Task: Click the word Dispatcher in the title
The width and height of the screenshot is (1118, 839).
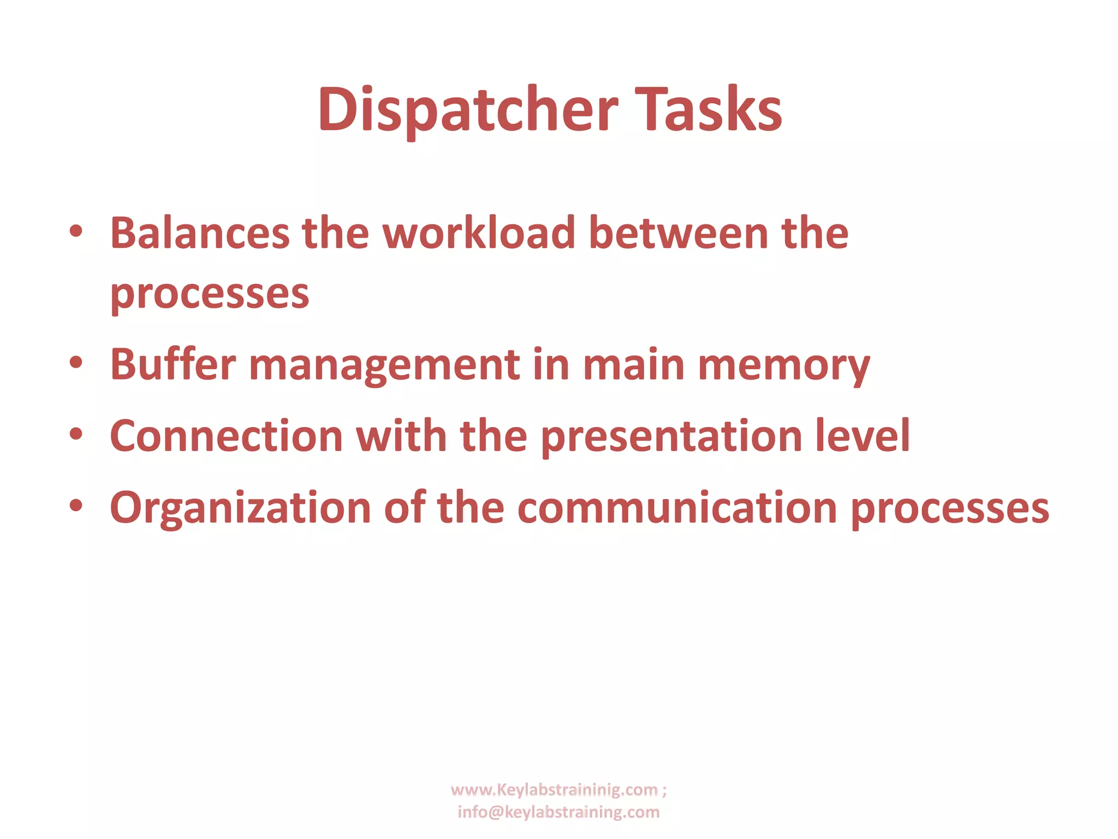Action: coord(468,111)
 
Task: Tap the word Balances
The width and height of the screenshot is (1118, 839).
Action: coord(200,233)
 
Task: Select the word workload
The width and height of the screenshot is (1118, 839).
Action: coord(479,233)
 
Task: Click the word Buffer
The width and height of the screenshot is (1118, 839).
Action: coord(173,364)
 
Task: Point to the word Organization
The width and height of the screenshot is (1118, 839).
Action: coord(241,508)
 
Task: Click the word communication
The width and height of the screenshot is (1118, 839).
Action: coord(677,508)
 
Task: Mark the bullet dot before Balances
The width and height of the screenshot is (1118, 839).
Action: coord(76,231)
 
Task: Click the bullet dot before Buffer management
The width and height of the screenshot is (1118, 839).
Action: coord(76,362)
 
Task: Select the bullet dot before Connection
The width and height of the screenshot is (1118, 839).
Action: coord(76,434)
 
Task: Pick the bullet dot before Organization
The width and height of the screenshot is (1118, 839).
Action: coord(76,506)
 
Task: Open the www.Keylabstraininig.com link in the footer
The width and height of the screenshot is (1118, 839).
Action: coord(554,790)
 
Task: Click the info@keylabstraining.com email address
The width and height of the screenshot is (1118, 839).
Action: coord(558,812)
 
